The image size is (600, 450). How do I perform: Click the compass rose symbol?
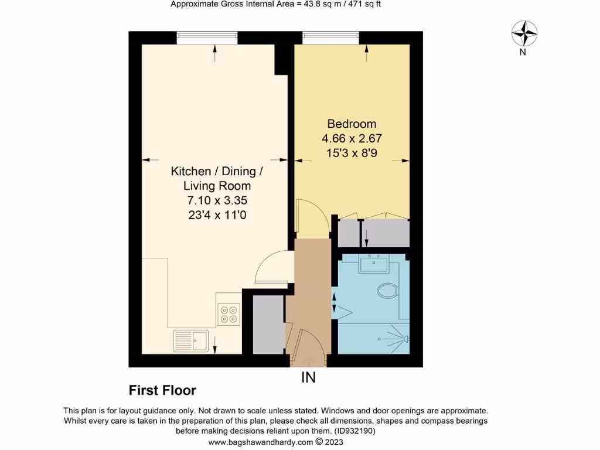524,33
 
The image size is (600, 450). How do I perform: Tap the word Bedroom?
352,124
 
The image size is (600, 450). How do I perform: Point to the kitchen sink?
191,340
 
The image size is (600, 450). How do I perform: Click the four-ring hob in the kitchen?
229,314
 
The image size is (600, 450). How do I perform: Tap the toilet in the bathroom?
387,290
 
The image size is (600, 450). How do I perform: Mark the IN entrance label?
308,378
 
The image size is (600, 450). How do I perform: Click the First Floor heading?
162,390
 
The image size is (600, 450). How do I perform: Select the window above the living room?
207,37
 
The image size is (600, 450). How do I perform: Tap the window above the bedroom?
330,37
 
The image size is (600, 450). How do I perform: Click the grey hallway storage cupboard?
268,325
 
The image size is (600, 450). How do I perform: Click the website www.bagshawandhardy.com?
261,442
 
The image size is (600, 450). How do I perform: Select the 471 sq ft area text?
367,4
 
